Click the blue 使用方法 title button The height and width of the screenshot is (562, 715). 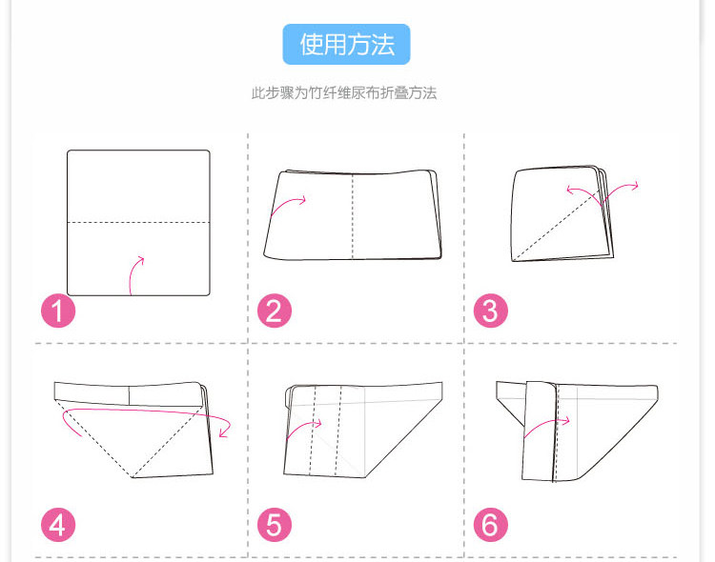(347, 44)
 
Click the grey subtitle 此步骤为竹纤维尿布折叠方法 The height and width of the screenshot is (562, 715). (344, 93)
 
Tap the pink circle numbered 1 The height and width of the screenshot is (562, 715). (59, 311)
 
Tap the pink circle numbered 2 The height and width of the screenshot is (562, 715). (275, 311)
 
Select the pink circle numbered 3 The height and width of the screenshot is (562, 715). (491, 311)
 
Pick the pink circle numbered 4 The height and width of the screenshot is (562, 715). (59, 525)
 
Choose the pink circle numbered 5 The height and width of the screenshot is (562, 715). (275, 525)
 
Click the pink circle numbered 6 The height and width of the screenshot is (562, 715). (491, 525)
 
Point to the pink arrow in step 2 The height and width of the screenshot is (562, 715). (290, 204)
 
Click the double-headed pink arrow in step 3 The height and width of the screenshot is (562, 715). (603, 191)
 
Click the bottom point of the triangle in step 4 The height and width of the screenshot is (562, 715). (133, 476)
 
